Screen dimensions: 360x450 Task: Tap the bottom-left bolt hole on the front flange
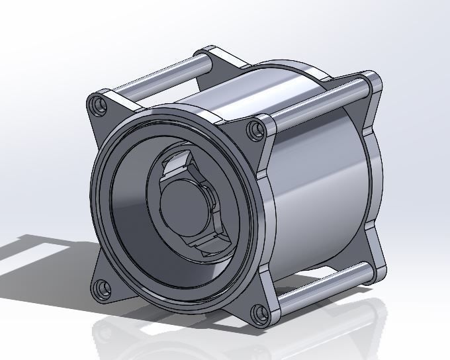click(x=100, y=288)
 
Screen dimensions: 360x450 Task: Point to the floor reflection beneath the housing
click(x=199, y=337)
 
